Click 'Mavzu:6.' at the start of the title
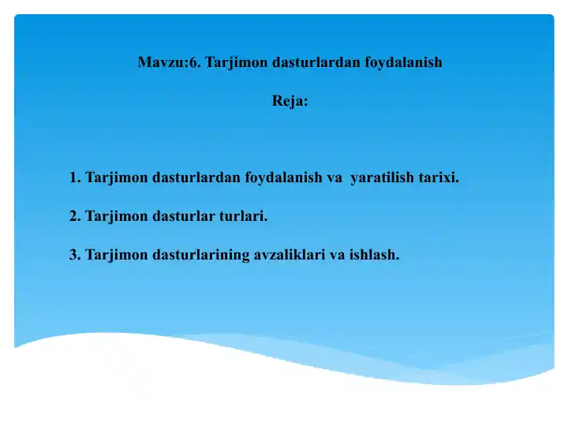[x=168, y=62]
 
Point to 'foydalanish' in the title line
[x=403, y=62]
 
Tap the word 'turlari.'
[x=244, y=215]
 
